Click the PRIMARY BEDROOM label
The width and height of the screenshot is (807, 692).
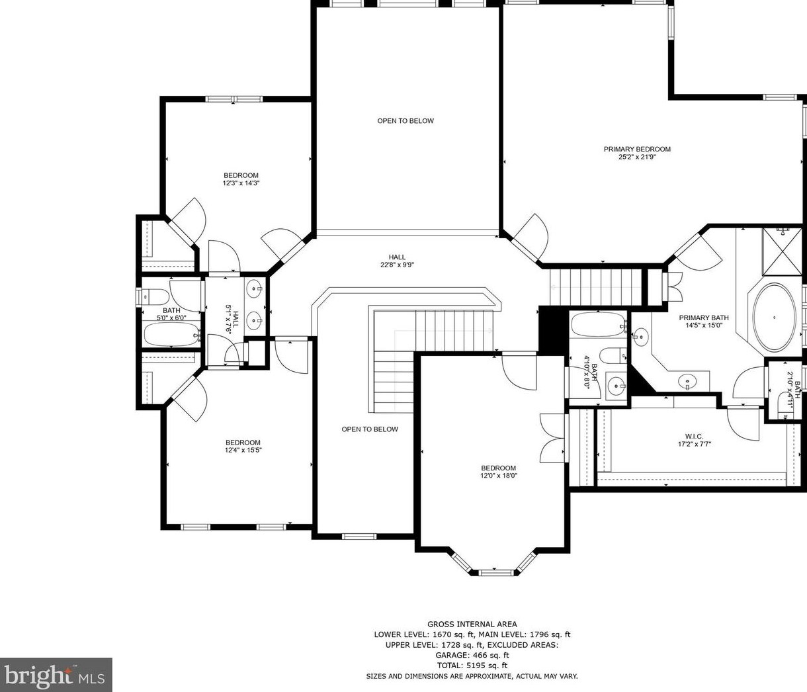pyautogui.click(x=637, y=149)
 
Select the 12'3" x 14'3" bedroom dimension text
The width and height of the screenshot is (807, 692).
pyautogui.click(x=241, y=183)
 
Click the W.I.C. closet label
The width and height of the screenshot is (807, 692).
pyautogui.click(x=694, y=436)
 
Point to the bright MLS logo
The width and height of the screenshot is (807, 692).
pyautogui.click(x=56, y=675)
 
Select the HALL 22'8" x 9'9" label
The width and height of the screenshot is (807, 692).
pyautogui.click(x=397, y=261)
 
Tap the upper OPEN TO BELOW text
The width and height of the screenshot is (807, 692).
pyautogui.click(x=405, y=120)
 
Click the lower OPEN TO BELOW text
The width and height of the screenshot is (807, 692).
pyautogui.click(x=370, y=429)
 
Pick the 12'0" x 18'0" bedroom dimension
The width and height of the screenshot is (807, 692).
pyautogui.click(x=498, y=475)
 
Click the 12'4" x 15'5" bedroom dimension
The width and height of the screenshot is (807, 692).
pyautogui.click(x=243, y=451)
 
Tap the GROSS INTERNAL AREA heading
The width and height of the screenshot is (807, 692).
pyautogui.click(x=472, y=624)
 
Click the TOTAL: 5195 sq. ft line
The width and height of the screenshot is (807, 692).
pyautogui.click(x=472, y=666)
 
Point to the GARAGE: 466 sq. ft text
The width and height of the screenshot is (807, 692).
pyautogui.click(x=472, y=655)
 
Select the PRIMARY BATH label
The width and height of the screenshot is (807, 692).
pyautogui.click(x=703, y=318)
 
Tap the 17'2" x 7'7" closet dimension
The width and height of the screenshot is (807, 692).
pyautogui.click(x=694, y=444)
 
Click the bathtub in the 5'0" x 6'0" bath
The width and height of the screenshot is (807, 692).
pyautogui.click(x=171, y=335)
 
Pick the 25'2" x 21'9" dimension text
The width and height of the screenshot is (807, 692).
pyautogui.click(x=637, y=157)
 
